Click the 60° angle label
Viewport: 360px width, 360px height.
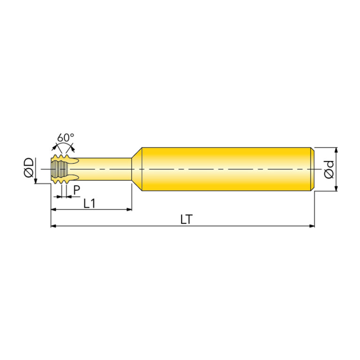tap(66, 138)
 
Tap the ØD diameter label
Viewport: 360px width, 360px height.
tap(29, 168)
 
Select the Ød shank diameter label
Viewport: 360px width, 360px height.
tap(329, 169)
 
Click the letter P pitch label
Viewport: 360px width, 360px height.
tap(77, 190)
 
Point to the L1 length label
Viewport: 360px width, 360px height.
tap(89, 203)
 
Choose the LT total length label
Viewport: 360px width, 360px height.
tap(186, 220)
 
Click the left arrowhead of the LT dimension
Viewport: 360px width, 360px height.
tap(53, 226)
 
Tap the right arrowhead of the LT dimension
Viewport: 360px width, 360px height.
tap(312, 226)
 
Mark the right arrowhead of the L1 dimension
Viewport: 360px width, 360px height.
tap(129, 209)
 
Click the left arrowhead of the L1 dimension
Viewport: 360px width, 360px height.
tap(53, 209)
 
